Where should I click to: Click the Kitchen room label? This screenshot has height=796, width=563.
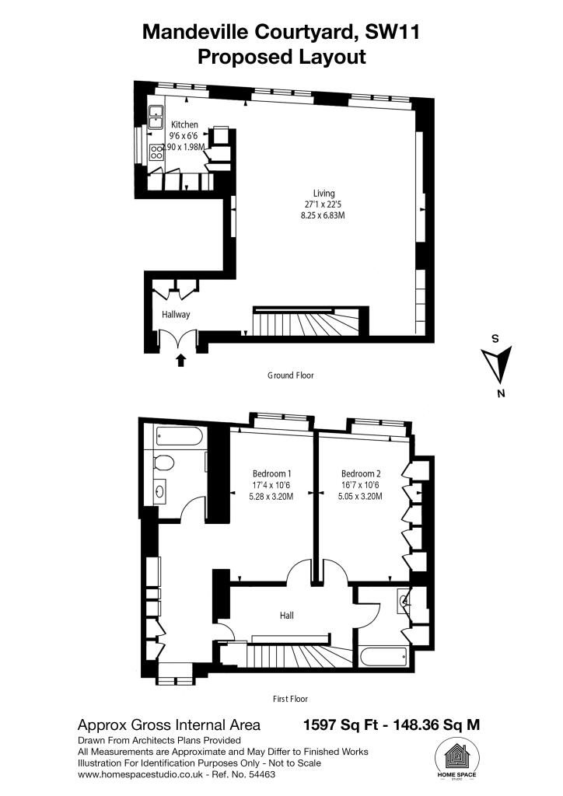pyautogui.click(x=184, y=124)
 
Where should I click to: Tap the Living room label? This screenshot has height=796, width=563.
pyautogui.click(x=324, y=193)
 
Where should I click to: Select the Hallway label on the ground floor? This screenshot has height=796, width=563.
pyautogui.click(x=176, y=314)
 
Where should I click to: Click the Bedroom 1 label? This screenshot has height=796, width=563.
pyautogui.click(x=271, y=473)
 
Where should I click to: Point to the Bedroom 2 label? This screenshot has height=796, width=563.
pyautogui.click(x=361, y=473)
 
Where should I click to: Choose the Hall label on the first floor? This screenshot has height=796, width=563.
pyautogui.click(x=287, y=616)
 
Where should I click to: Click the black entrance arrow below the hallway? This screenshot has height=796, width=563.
pyautogui.click(x=180, y=360)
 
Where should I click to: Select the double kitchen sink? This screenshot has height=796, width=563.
pyautogui.click(x=156, y=117)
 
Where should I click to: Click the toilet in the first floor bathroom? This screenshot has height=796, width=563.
pyautogui.click(x=163, y=463)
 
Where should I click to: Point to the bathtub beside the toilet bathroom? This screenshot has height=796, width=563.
pyautogui.click(x=180, y=436)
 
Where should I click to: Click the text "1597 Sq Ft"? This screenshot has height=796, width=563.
pyautogui.click(x=341, y=724)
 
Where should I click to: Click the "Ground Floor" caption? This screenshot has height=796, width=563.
pyautogui.click(x=290, y=375)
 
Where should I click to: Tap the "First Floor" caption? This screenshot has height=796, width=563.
pyautogui.click(x=290, y=699)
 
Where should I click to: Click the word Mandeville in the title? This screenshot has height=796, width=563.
pyautogui.click(x=195, y=33)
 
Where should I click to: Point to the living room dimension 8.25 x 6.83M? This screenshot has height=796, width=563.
pyautogui.click(x=323, y=215)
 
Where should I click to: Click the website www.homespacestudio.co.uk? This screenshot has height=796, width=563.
pyautogui.click(x=140, y=775)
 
